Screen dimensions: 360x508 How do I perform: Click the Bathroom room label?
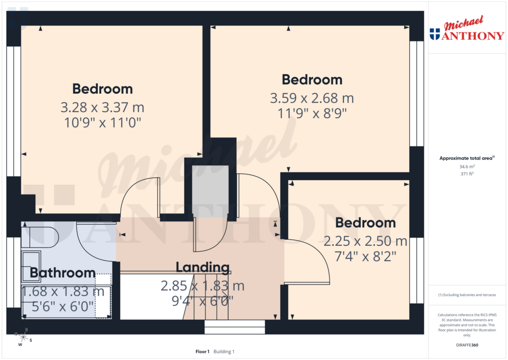pos(63,273)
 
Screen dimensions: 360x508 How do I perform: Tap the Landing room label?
pos(203,268)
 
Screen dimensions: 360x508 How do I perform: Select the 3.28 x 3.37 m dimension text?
pos(103,107)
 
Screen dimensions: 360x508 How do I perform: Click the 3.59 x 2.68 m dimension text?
pos(312,98)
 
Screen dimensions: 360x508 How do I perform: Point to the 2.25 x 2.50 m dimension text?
pos(366,241)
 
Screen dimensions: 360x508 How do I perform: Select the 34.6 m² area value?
pos(466,167)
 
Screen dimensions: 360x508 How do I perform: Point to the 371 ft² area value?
pos(466,174)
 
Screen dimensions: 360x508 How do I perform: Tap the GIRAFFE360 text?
pos(466,345)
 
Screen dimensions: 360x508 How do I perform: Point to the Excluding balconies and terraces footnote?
pos(466,295)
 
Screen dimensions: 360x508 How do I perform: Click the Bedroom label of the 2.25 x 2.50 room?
pos(366,223)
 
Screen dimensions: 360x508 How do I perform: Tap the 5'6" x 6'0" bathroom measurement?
pos(63,306)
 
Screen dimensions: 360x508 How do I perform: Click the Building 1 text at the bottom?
pos(224,352)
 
